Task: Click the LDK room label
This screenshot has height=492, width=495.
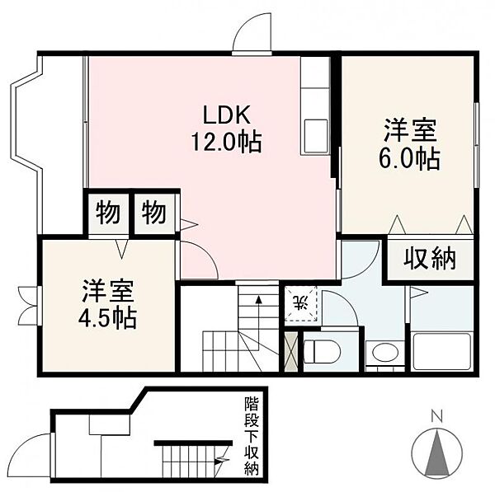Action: (x=226, y=115)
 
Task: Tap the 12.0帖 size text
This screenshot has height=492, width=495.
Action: (x=226, y=142)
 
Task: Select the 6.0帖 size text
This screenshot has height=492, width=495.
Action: (x=409, y=158)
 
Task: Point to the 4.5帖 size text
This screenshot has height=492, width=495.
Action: (x=107, y=318)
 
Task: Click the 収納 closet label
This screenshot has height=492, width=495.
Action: (x=430, y=260)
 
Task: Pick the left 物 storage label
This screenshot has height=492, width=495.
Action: (x=108, y=213)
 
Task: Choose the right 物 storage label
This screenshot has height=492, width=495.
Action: (x=153, y=213)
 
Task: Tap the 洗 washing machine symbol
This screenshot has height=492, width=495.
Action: (x=301, y=303)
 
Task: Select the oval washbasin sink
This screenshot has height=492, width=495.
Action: (x=385, y=352)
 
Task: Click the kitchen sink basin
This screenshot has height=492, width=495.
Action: (x=315, y=136)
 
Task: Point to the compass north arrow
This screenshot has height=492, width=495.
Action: (x=437, y=453)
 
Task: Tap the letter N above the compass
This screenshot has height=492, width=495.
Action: (x=437, y=417)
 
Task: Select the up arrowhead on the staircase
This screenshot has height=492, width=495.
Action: (x=258, y=299)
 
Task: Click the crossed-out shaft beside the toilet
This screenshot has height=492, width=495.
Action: (x=290, y=351)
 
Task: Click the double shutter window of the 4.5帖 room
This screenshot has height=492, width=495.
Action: (x=30, y=305)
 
